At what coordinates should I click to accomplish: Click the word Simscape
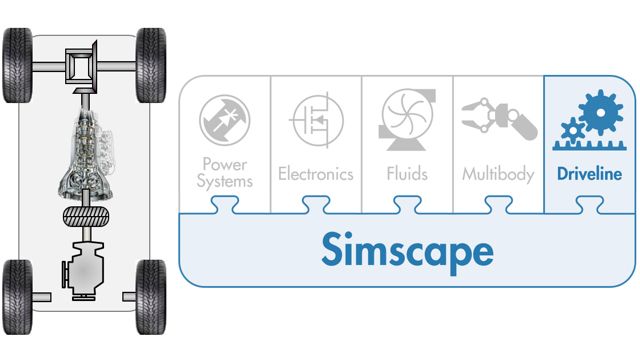[x=407, y=250]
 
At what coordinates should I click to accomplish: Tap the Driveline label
[x=590, y=174]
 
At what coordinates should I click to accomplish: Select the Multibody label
[x=496, y=174]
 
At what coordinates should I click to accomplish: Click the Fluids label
[x=407, y=174]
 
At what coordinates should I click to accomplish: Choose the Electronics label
[x=316, y=174]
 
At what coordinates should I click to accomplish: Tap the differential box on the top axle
[x=80, y=67]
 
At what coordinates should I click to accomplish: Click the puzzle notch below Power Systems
[x=225, y=206]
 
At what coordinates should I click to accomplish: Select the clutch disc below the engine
[x=84, y=215]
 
